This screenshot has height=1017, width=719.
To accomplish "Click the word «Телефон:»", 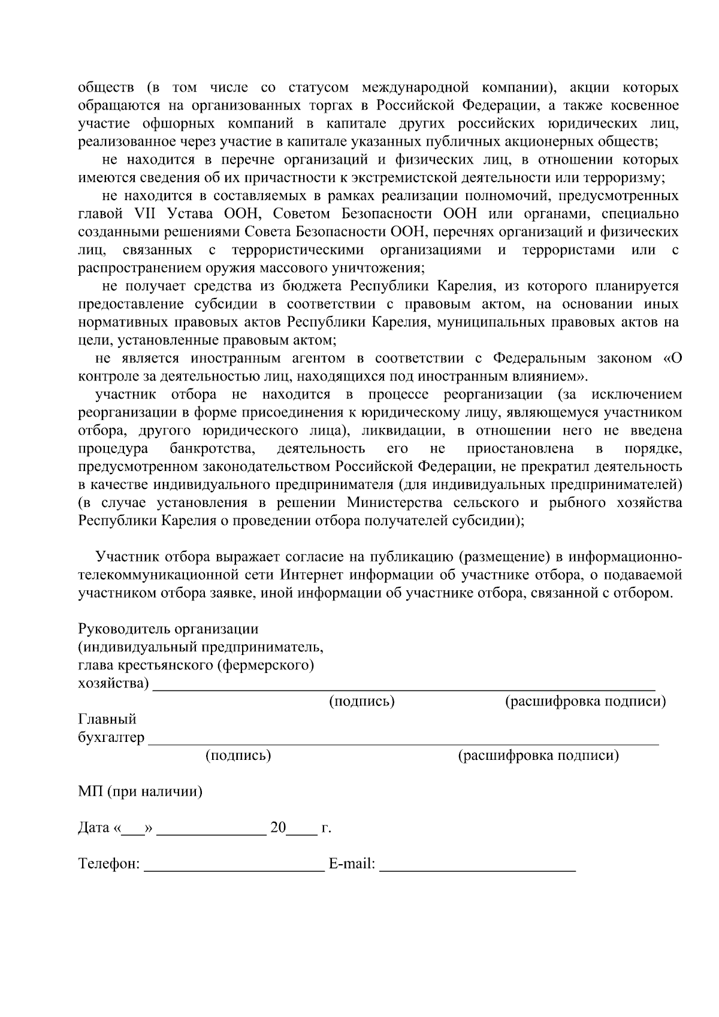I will pos(109,864).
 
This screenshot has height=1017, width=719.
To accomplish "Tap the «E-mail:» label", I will pos(352,864).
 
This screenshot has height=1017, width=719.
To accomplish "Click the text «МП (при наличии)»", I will pos(140,792).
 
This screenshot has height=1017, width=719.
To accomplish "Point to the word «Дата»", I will pos(94,828).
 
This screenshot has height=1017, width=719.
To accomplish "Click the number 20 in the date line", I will pos(278,828).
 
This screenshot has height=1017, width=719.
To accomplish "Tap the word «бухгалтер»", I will pos(111,738).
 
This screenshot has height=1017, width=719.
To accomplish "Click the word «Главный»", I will pos(107,719).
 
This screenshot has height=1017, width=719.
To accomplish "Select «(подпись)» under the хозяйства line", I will pos(362,701).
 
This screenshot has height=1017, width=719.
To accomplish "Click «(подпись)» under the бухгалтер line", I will pos(238,756).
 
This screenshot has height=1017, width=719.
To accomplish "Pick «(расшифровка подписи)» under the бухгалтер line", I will pos(538,756).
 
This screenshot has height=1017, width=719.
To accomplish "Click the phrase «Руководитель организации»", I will pos(168,629).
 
